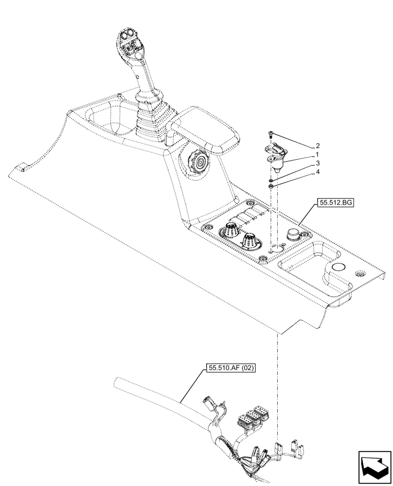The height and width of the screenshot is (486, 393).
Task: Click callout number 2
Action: pos(318,145)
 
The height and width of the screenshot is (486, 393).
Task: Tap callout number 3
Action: pos(318,163)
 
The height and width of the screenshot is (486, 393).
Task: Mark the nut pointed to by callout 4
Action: pos(269,186)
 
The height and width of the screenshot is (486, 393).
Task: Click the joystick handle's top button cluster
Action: pos(130,41)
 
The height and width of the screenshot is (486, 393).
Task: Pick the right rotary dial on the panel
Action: pos(250,240)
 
